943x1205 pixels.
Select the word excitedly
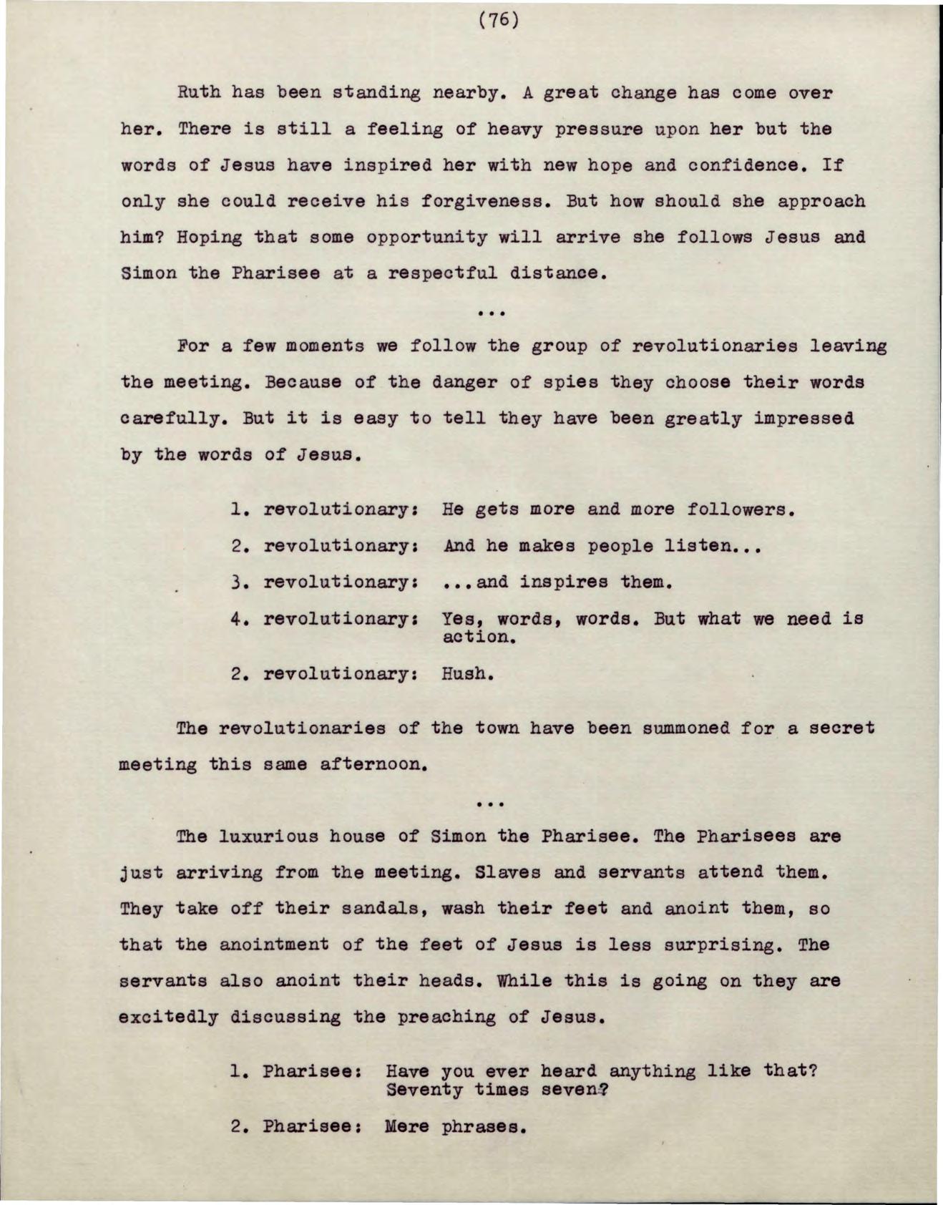[169, 1017]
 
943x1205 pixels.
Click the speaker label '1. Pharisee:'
[295, 1071]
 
